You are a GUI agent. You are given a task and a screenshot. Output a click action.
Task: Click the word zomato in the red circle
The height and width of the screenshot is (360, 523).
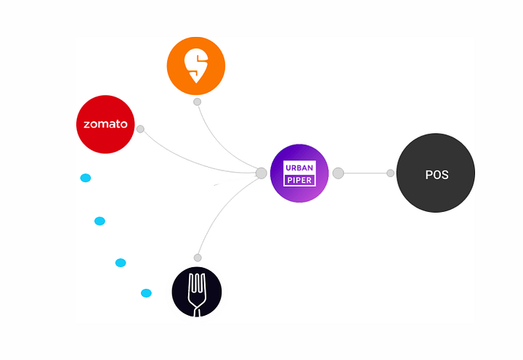pyautogui.click(x=105, y=124)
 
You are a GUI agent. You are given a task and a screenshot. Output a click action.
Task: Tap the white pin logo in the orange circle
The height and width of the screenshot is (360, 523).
pyautogui.click(x=196, y=65)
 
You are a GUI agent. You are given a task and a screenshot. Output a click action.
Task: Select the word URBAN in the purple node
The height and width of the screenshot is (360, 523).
pyautogui.click(x=299, y=168)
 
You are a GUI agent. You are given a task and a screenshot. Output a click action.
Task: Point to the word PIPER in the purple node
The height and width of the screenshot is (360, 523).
pyautogui.click(x=299, y=180)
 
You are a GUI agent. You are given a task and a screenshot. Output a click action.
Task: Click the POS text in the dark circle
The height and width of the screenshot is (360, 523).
pyautogui.click(x=437, y=175)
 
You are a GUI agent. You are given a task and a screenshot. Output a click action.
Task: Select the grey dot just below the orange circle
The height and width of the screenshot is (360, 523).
pyautogui.click(x=197, y=102)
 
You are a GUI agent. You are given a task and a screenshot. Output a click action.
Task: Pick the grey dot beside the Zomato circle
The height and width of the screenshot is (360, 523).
pyautogui.click(x=140, y=129)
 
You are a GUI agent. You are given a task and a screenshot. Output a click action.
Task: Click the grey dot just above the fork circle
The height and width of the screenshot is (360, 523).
pyautogui.click(x=198, y=258)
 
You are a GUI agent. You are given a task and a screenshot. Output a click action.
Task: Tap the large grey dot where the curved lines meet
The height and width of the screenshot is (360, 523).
pyautogui.click(x=261, y=173)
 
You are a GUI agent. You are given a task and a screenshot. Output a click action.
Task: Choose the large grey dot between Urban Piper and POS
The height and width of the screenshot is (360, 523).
pyautogui.click(x=338, y=173)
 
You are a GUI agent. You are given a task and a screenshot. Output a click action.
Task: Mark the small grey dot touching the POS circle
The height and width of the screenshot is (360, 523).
pyautogui.click(x=390, y=173)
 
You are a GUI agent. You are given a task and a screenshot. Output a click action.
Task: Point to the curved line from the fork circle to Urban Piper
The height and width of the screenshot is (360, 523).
pyautogui.click(x=220, y=208)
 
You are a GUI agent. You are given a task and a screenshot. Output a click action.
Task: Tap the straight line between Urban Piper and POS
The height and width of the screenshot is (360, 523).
pyautogui.click(x=365, y=173)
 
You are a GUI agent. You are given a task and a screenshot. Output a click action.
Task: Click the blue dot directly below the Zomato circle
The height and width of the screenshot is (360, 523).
pyautogui.click(x=86, y=178)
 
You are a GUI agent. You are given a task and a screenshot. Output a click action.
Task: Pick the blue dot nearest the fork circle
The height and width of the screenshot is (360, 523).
pyautogui.click(x=146, y=293)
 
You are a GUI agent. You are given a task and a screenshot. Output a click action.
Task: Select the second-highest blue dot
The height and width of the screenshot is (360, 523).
pyautogui.click(x=100, y=221)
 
